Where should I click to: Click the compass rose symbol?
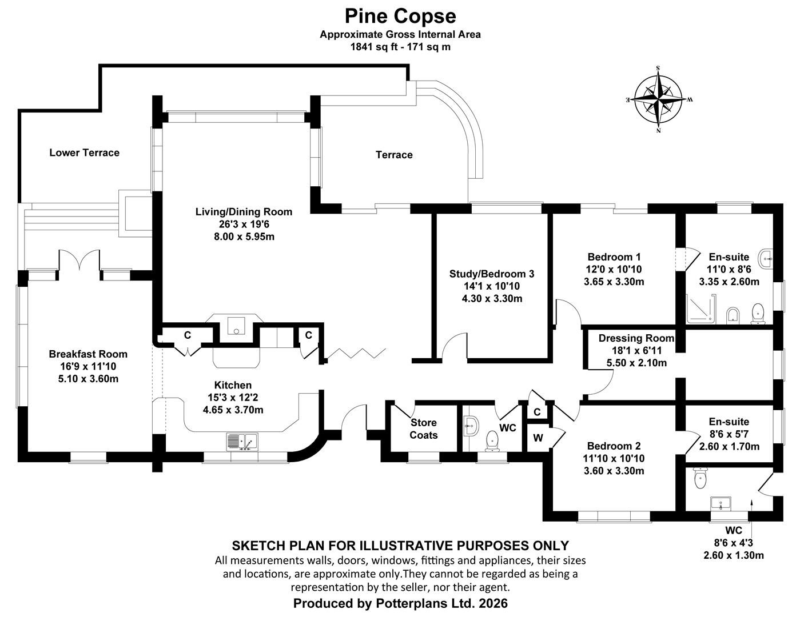click(x=658, y=99)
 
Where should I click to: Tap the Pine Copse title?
click(x=400, y=16)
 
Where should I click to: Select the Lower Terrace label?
click(x=84, y=153)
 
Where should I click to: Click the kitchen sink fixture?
click(x=242, y=441)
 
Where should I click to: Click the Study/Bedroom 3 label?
click(x=491, y=274)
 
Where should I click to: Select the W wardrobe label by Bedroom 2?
click(x=538, y=438)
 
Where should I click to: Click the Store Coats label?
click(x=423, y=428)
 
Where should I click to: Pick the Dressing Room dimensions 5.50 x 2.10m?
click(x=636, y=363)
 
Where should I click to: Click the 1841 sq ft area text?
click(x=373, y=47)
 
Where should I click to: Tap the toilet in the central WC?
click(x=492, y=441)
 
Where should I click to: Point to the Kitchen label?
click(x=233, y=385)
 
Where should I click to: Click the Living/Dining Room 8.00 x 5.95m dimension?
click(x=244, y=237)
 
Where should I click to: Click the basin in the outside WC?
click(x=721, y=504)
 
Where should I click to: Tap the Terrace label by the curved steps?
click(x=394, y=155)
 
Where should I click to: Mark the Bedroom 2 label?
click(x=614, y=446)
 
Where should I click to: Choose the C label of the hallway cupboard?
click(x=537, y=412)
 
